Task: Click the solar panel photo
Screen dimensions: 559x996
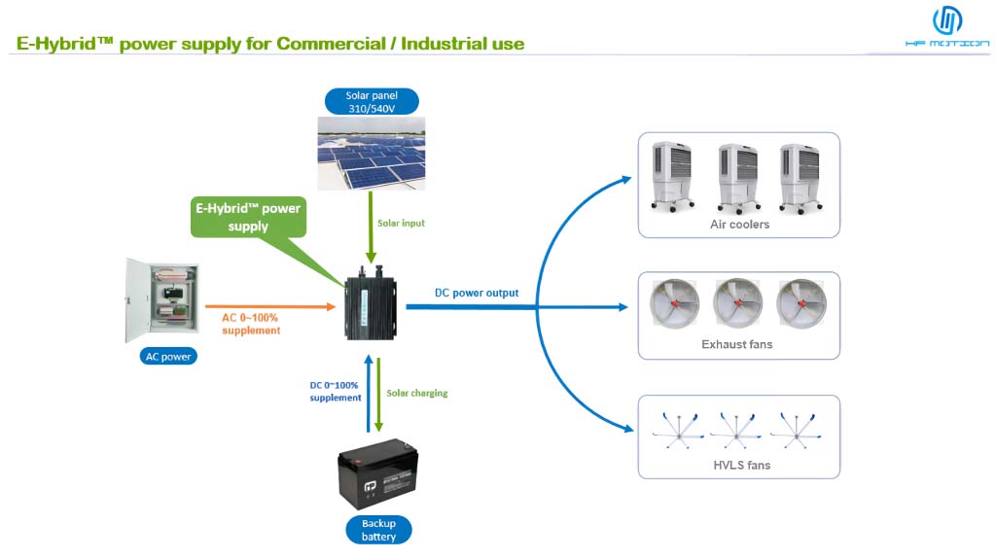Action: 372,153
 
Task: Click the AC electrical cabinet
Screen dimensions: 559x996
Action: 161,300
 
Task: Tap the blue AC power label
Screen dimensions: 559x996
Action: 167,356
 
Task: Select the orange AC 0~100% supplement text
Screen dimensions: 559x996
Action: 251,324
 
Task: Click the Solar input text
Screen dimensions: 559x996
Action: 401,223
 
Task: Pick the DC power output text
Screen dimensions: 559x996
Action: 476,293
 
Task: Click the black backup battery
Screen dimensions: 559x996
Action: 377,475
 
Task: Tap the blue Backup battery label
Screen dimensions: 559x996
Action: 378,530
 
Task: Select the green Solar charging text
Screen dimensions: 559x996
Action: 416,393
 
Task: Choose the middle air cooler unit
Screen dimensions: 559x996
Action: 736,177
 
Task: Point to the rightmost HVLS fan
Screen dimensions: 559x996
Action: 798,429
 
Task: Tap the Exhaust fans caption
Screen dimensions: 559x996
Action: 736,344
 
